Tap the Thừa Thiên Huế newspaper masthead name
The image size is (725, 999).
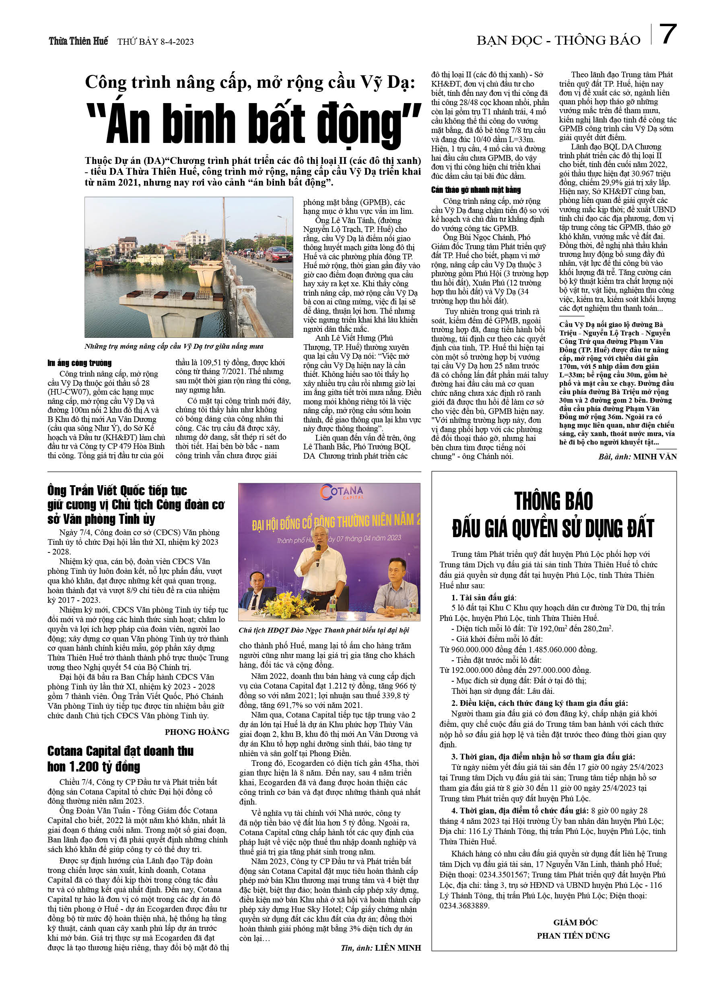coord(78,41)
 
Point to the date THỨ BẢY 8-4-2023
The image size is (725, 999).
coord(155,42)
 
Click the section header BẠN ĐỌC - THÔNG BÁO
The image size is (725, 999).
coord(558,41)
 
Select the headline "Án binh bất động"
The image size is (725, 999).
coord(254,124)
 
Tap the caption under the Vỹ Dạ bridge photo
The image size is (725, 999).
coord(174,346)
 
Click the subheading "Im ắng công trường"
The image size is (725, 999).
coord(80,363)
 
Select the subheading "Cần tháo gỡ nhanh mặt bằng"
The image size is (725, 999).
coord(476,190)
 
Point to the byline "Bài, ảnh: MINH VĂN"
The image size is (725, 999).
coord(637,457)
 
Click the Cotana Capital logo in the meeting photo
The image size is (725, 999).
coord(342,492)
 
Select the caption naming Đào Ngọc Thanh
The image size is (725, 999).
coord(324,630)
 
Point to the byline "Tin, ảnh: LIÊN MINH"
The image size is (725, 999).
coord(381,948)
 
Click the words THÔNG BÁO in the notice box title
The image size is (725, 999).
coord(553,501)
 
